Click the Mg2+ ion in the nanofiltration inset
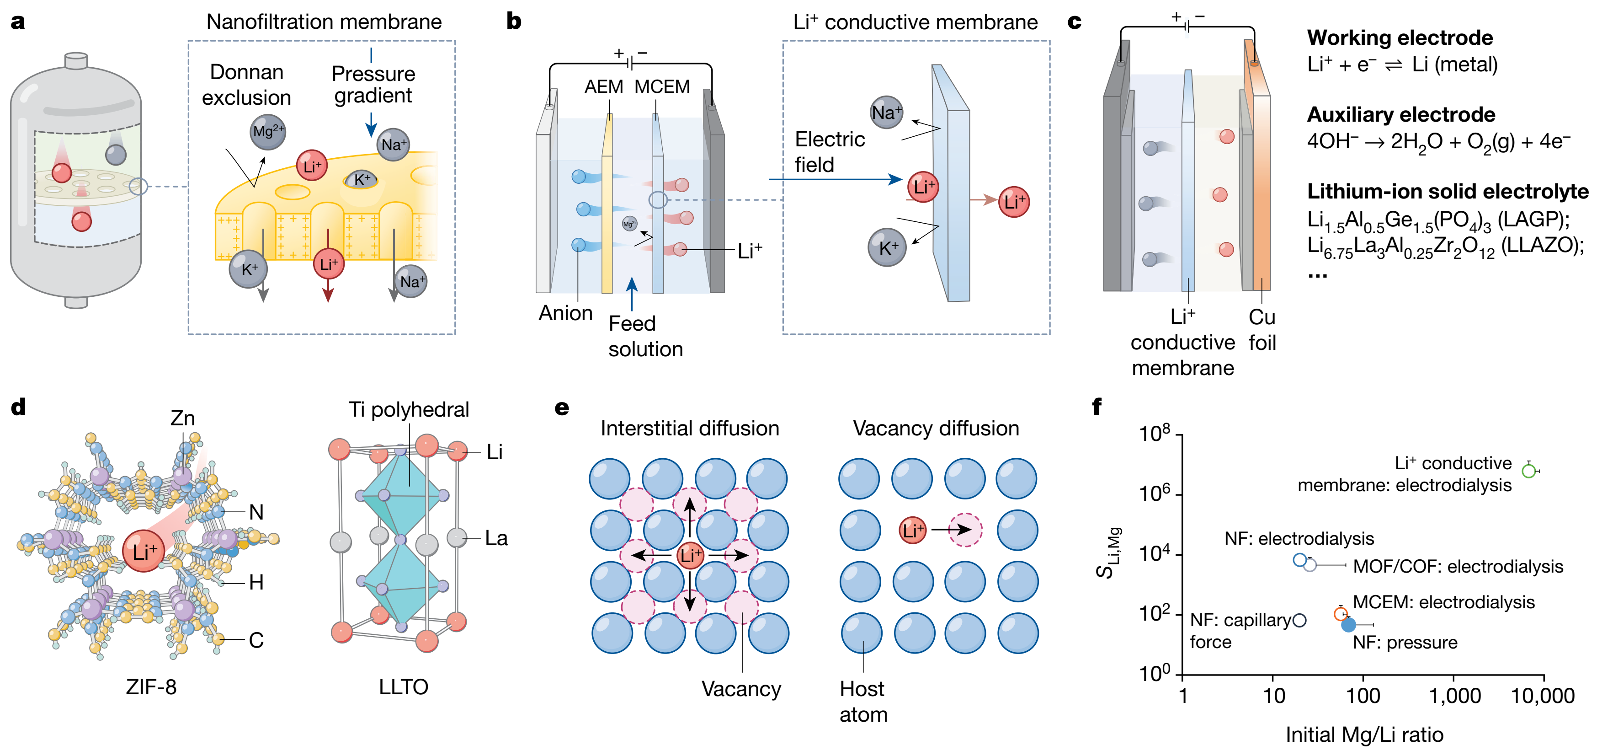pyautogui.click(x=268, y=131)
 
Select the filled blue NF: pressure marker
pyautogui.click(x=1348, y=625)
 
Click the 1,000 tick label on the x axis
pyautogui.click(x=1454, y=696)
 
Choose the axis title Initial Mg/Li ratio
pyautogui.click(x=1364, y=735)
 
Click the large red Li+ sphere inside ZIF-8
pyautogui.click(x=144, y=551)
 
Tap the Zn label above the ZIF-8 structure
pyautogui.click(x=182, y=418)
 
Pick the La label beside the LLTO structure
pyautogui.click(x=496, y=538)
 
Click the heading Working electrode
pyautogui.click(x=1400, y=38)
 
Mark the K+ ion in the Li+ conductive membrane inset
pyautogui.click(x=887, y=247)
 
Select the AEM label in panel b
pyautogui.click(x=603, y=87)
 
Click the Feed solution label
pyautogui.click(x=645, y=336)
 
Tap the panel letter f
pyautogui.click(x=1097, y=407)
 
